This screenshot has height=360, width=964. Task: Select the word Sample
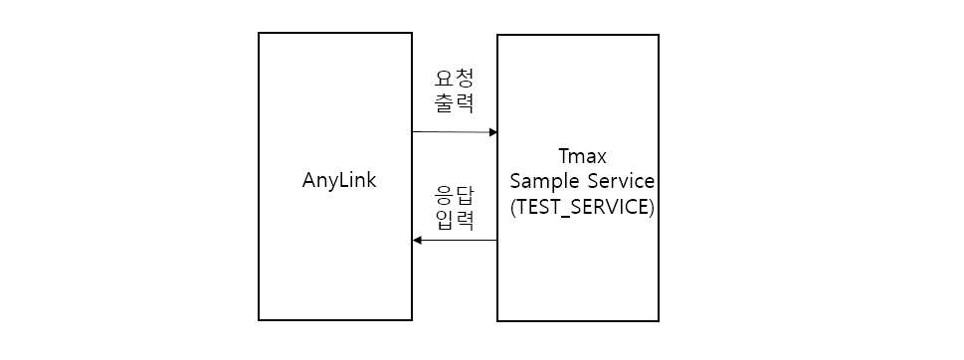(544, 182)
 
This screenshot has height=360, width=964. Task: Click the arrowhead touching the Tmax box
(492, 132)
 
